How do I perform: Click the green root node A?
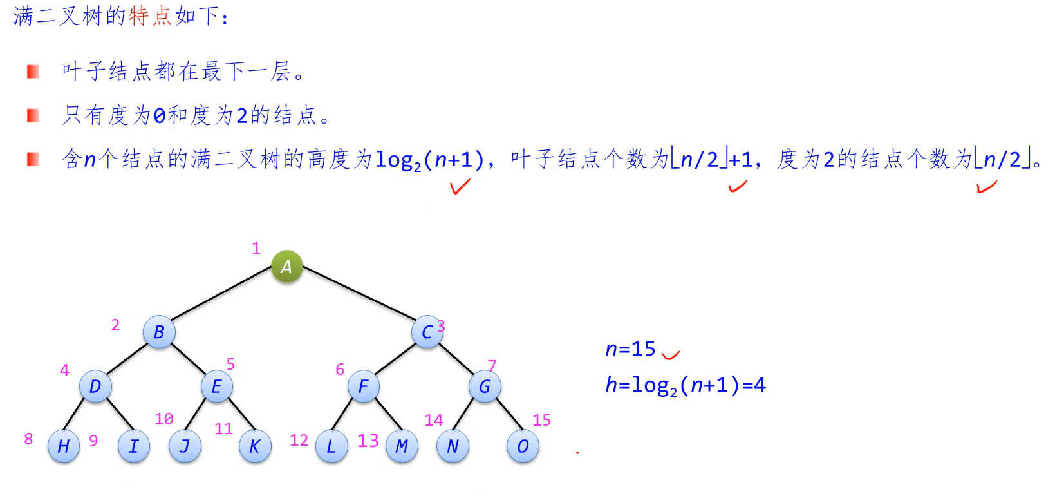(x=286, y=266)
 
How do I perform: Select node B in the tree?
(x=159, y=332)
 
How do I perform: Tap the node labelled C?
(x=427, y=332)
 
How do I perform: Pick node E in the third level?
(x=216, y=386)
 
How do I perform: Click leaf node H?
(x=63, y=446)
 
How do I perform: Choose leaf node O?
(x=522, y=446)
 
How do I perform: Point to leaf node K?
(x=254, y=446)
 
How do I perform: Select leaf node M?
(x=402, y=446)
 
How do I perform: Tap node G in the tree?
(x=484, y=386)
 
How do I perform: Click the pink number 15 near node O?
(x=541, y=421)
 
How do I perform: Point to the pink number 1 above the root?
(x=256, y=248)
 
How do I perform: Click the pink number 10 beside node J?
(x=164, y=419)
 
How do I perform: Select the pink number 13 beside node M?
(x=368, y=441)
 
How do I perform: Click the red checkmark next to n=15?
(x=671, y=354)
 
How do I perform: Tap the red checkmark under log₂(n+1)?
(x=460, y=187)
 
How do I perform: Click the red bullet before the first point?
(x=33, y=72)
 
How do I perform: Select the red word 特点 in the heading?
(x=151, y=16)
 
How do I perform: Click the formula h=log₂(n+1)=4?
(x=686, y=385)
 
